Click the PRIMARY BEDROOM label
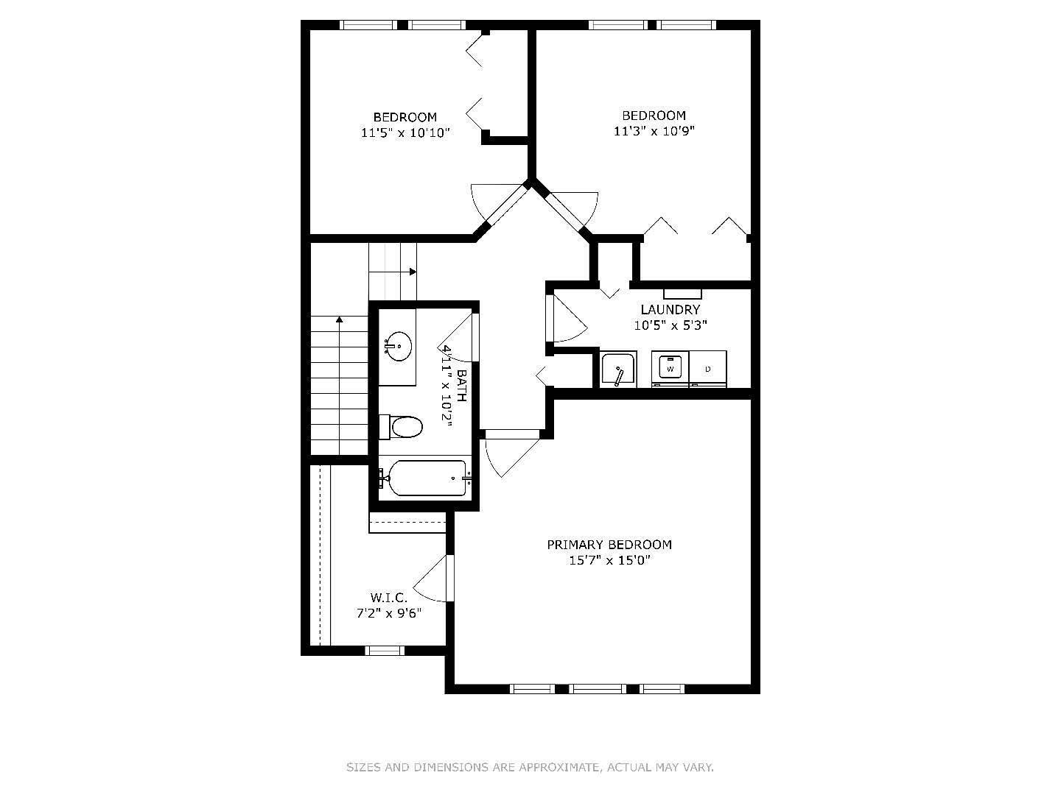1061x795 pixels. coord(609,545)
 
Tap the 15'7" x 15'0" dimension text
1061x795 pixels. coord(609,561)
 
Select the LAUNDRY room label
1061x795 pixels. coord(670,310)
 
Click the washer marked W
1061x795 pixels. coord(670,368)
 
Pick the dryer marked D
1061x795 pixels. coord(708,368)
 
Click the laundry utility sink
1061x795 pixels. coord(617,370)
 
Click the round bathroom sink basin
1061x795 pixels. coord(399,346)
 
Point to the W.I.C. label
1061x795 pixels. coord(388,598)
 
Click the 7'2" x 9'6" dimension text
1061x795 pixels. coord(388,613)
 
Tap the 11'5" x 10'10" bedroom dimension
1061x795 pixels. coord(405,133)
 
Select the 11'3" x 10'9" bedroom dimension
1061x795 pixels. coord(654,132)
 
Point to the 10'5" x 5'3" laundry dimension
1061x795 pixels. coord(670,325)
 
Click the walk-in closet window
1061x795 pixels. coord(385,650)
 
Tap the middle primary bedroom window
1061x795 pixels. coord(598,689)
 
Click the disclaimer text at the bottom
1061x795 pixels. coord(530,767)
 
